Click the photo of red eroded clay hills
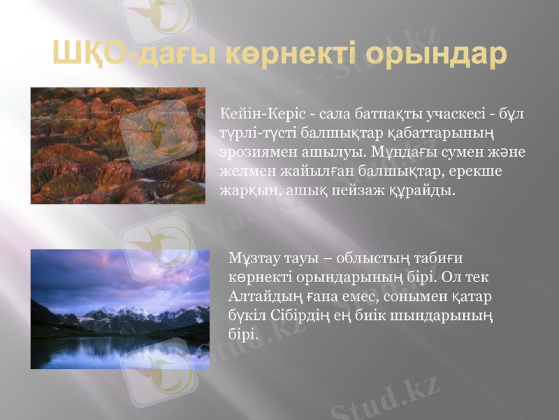click(x=118, y=146)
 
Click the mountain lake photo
click(x=119, y=309)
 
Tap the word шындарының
click(x=448, y=316)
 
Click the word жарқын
click(x=244, y=190)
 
